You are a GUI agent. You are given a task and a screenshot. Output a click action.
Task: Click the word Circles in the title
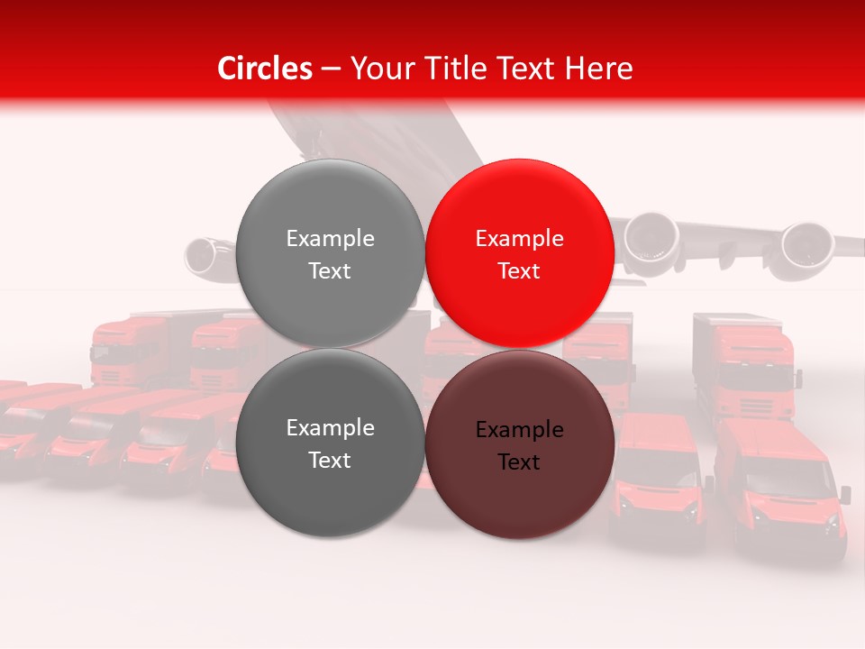pos(265,69)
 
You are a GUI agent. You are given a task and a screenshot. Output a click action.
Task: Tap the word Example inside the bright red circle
pos(519,239)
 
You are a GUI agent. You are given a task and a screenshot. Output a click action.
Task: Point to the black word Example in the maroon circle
pos(519,430)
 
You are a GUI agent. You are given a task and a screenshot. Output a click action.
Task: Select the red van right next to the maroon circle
pos(657,478)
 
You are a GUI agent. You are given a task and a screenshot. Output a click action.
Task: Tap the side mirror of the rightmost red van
pos(844,494)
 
